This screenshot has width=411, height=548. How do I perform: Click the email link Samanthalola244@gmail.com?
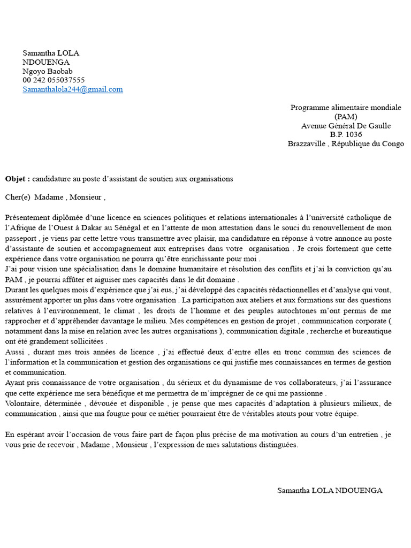(x=73, y=89)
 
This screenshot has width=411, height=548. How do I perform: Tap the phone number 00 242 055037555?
(x=54, y=80)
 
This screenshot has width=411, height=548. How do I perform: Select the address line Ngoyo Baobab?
(x=48, y=71)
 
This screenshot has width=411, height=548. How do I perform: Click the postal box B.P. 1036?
(x=346, y=135)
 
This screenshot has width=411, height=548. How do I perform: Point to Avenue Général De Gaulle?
(x=346, y=126)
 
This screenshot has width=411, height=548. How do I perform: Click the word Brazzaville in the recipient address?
(x=307, y=144)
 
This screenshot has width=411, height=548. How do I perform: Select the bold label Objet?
(x=17, y=179)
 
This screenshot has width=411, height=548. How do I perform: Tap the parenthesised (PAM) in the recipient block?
(x=346, y=117)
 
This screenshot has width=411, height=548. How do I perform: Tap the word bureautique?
(x=373, y=332)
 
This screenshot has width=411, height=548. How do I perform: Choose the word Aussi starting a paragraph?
(x=14, y=352)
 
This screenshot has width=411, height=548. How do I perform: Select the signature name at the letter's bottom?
(x=330, y=491)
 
